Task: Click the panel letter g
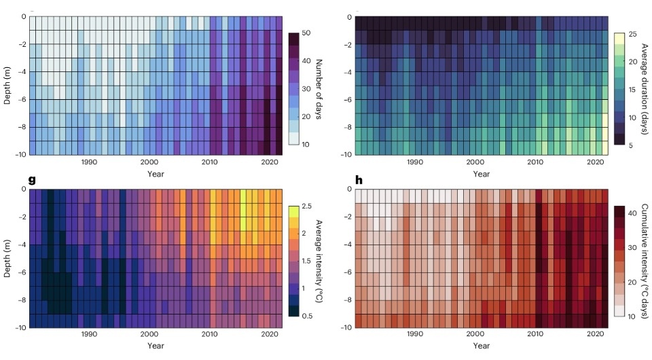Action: click(32, 180)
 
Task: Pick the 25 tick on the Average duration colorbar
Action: click(631, 33)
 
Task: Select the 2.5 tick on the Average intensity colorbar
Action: click(307, 206)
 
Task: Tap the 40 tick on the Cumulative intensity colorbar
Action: click(632, 213)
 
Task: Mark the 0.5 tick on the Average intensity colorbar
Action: click(307, 316)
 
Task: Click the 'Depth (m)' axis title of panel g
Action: click(7, 258)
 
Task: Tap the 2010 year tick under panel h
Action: click(535, 334)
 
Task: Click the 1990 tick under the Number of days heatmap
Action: click(89, 162)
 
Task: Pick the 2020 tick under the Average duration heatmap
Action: click(595, 162)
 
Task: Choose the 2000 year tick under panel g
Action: click(149, 334)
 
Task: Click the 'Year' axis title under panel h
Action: click(481, 346)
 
